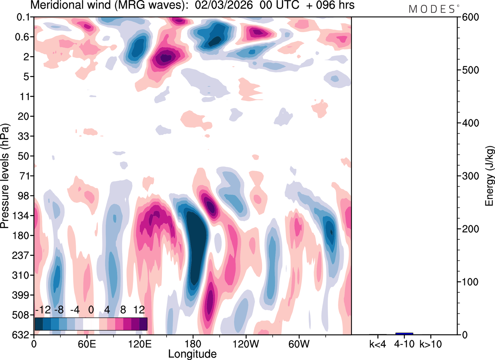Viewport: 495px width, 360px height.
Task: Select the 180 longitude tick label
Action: click(193, 343)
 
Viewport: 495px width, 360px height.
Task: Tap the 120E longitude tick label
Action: click(140, 343)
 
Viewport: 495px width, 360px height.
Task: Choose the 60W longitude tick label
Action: click(298, 343)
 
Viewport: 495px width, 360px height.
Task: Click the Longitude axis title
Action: click(192, 353)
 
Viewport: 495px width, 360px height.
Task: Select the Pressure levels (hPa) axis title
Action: click(5, 176)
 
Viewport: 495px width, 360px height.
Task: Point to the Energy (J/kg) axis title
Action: click(490, 176)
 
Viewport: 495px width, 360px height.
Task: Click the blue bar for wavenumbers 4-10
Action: click(404, 333)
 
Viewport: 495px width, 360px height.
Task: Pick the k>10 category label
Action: click(430, 343)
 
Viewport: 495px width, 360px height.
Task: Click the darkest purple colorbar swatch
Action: click(143, 324)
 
